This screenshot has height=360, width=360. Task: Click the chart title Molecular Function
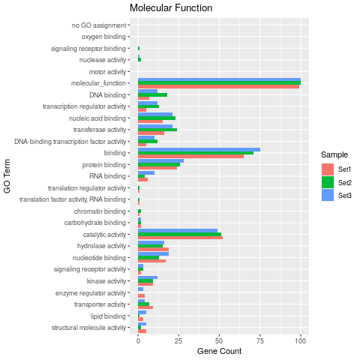point(170,8)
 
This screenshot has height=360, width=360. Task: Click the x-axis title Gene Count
point(219,351)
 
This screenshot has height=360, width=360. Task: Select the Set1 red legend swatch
point(328,169)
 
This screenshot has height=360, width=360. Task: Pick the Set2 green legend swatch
point(328,182)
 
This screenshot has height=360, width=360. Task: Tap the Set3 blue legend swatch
point(328,195)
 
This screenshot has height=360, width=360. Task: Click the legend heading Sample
point(333,155)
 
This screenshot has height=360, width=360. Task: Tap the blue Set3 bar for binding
point(199,149)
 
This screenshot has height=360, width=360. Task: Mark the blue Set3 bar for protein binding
point(160,160)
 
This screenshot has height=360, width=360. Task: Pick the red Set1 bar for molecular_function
point(218,87)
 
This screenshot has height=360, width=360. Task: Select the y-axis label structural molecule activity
point(89,328)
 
